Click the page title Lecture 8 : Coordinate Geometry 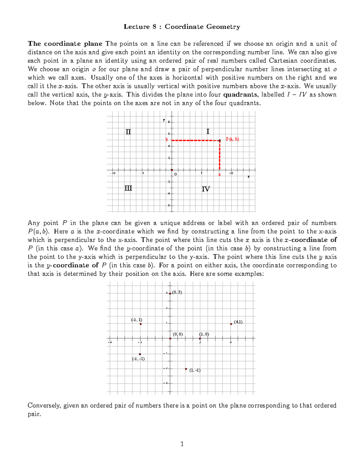(182, 27)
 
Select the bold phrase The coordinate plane (65, 44)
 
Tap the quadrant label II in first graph (128, 132)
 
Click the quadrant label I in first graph (208, 131)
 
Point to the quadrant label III (128, 188)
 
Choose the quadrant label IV (206, 189)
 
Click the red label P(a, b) (232, 139)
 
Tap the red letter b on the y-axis (167, 140)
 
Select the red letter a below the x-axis (219, 174)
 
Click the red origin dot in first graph (172, 170)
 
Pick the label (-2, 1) (136, 320)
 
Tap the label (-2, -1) (138, 359)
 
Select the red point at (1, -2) (186, 369)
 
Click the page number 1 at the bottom (182, 444)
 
